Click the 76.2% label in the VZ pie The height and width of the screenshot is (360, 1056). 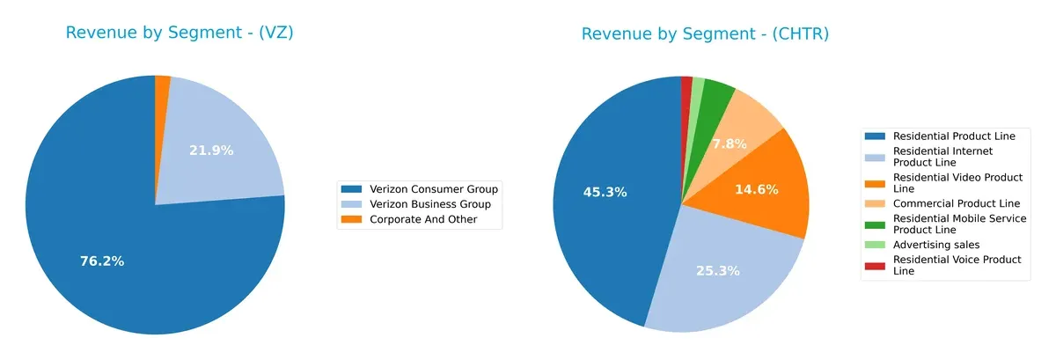[x=102, y=261]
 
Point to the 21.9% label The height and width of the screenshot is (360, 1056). [x=211, y=151]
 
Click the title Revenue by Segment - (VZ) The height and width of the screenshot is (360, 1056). [x=180, y=33]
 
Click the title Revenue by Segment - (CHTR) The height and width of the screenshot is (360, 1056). [x=705, y=33]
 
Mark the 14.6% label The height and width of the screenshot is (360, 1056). [x=756, y=189]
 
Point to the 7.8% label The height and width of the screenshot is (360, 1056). [x=729, y=143]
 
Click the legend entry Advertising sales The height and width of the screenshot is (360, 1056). [x=935, y=244]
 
